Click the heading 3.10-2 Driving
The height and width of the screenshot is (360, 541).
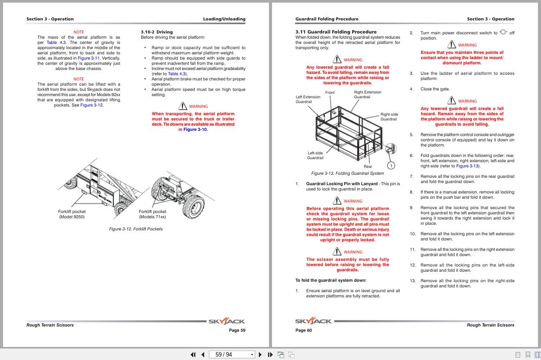click(156, 32)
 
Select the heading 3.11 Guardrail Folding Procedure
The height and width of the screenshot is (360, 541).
click(335, 32)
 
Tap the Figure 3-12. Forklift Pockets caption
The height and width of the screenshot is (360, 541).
click(136, 229)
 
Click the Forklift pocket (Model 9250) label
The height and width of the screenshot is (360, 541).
click(72, 214)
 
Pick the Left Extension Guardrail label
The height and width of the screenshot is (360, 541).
click(308, 99)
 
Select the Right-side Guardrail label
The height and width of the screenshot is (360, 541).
click(389, 117)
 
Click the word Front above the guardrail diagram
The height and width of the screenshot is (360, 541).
click(330, 93)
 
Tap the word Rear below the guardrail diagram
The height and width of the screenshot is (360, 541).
click(368, 167)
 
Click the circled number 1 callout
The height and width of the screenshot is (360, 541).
click(391, 166)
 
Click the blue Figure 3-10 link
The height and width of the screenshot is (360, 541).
click(195, 130)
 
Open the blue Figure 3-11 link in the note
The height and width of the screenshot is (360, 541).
click(89, 58)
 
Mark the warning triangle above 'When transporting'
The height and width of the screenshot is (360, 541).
click(183, 106)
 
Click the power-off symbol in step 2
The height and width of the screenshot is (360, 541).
click(503, 32)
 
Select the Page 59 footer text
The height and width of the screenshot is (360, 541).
click(237, 330)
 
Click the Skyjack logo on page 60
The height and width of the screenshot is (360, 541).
click(313, 321)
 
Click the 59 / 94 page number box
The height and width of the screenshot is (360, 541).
click(231, 354)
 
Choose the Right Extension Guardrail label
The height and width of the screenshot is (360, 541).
click(367, 94)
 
